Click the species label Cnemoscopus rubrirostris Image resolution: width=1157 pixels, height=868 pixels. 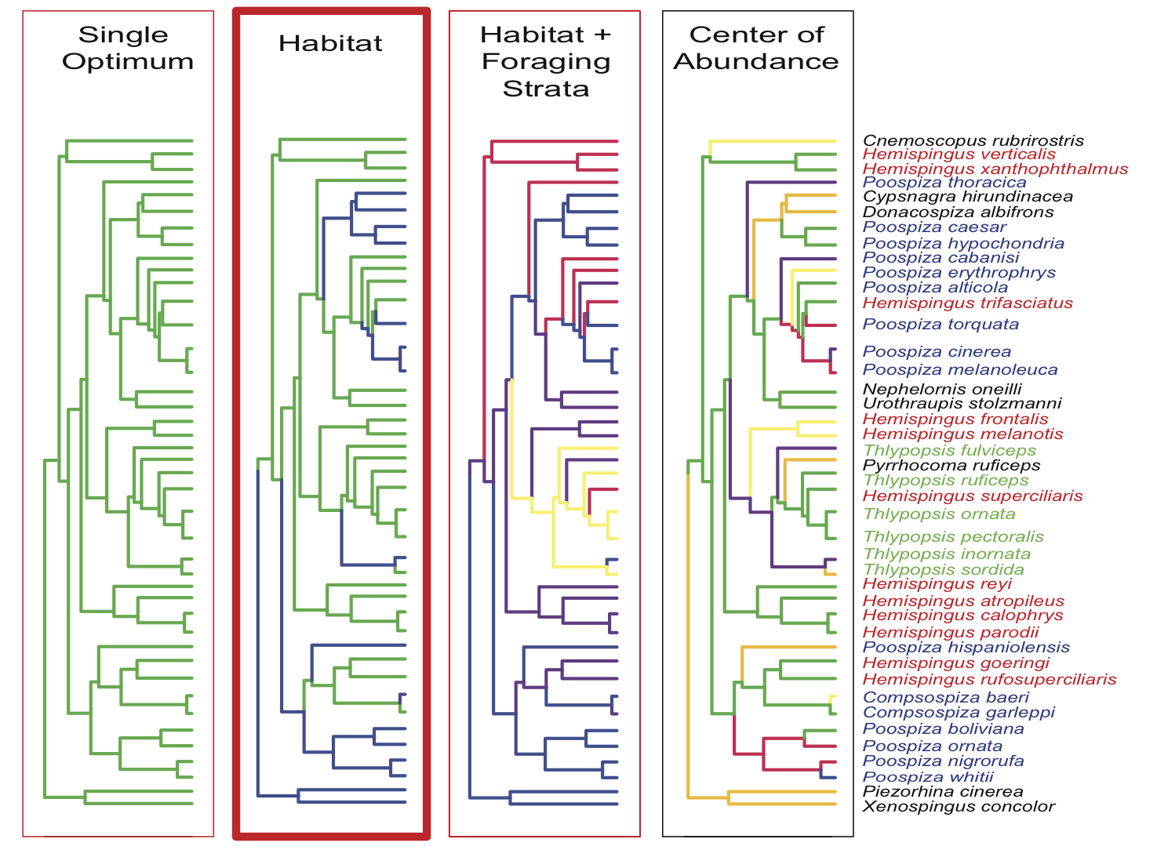coord(973,141)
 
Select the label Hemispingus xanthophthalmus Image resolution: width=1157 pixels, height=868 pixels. coord(995,169)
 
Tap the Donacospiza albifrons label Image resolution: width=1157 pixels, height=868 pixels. coord(958,212)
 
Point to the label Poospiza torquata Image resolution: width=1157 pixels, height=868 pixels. coord(941,325)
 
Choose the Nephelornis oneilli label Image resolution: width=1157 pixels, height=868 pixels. coord(942,390)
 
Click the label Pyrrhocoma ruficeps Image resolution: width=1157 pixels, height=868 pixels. coord(951,466)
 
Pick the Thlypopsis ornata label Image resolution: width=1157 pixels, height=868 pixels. coord(939,514)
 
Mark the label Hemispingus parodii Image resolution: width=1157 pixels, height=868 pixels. coord(951,632)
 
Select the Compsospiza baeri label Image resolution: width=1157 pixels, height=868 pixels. coord(945,697)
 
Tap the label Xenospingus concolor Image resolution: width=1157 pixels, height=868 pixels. coord(959,807)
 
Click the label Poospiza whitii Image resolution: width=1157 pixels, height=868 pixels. coord(928,777)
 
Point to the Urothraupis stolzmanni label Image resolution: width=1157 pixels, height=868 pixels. coord(962,404)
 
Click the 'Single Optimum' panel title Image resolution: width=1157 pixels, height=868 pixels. coord(126,48)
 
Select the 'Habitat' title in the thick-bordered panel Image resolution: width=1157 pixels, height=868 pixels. coord(330,43)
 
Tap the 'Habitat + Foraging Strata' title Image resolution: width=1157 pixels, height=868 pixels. coord(545,61)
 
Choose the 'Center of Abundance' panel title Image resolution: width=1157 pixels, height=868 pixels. coord(756,48)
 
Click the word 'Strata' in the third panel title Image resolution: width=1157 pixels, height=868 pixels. coord(545,89)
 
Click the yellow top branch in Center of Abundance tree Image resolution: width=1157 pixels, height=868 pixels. coord(773,142)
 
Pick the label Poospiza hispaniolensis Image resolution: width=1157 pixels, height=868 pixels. coord(966,648)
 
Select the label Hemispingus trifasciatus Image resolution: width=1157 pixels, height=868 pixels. coord(967,303)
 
